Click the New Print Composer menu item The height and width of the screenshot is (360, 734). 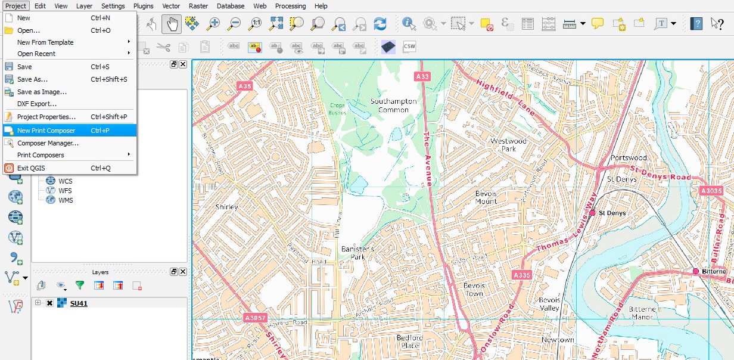pos(46,131)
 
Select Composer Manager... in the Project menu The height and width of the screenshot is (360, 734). pos(48,143)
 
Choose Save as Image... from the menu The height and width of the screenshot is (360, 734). pos(42,92)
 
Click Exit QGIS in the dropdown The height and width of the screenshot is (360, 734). pos(30,168)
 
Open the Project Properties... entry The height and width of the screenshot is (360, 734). pos(46,117)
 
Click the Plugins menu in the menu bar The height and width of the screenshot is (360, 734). pos(143,6)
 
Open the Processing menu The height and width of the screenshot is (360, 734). pos(290,6)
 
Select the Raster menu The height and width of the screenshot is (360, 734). pos(198,6)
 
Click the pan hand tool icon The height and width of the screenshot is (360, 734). pos(172,24)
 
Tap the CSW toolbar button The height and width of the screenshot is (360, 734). pos(409,46)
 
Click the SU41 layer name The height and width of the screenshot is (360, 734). pos(79,303)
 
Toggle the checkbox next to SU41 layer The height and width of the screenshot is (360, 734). pos(49,303)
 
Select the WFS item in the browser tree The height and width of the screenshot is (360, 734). pos(65,191)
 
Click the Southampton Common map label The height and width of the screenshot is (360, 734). pos(393,105)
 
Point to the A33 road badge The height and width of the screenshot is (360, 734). pos(422,76)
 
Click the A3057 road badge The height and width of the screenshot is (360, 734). pos(255,318)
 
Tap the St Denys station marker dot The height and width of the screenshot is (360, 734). pos(592,212)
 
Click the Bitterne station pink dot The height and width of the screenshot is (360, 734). pos(695,271)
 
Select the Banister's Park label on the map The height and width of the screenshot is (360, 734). pos(357,253)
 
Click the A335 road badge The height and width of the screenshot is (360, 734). pos(521,275)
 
